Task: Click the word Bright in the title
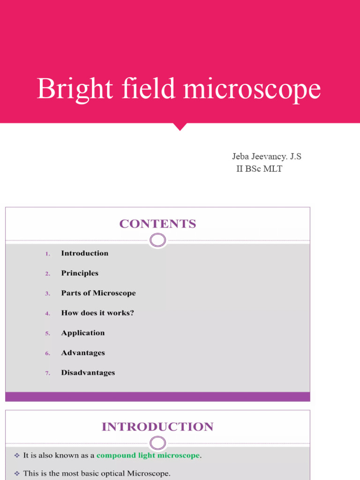75,89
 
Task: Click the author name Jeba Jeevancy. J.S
266,157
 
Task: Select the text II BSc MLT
259,169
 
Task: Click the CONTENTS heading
157,224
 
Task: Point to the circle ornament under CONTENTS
157,241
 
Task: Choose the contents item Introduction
84,253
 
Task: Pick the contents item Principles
80,273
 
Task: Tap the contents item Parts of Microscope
98,293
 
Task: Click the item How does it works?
97,313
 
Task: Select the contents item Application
82,333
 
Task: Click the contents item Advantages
82,353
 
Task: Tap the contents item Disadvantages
88,373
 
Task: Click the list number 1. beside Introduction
47,254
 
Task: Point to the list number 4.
47,314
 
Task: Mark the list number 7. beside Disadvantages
47,374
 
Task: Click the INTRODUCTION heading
157,427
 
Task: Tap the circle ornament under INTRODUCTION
157,443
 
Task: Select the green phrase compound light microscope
148,456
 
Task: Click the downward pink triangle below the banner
180,126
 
